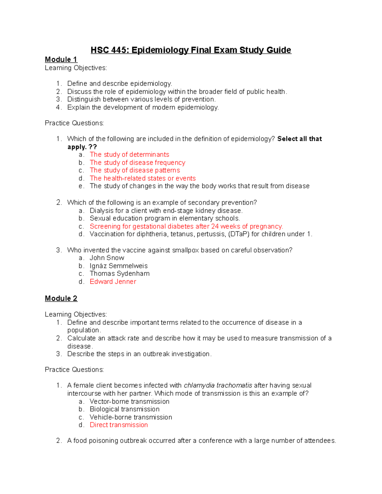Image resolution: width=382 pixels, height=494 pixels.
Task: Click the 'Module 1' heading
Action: (x=61, y=59)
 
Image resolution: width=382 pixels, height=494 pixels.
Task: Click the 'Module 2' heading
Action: (x=61, y=298)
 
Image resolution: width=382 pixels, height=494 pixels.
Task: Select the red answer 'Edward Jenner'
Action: (x=113, y=282)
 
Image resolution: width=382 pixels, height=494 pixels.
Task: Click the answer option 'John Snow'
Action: (x=107, y=258)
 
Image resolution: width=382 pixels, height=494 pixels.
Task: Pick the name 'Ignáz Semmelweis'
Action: (x=118, y=266)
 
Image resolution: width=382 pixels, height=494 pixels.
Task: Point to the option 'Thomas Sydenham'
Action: (x=119, y=274)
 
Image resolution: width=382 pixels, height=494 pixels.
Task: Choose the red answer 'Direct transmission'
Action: (x=119, y=425)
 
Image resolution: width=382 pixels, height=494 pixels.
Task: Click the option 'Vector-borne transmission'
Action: (x=129, y=401)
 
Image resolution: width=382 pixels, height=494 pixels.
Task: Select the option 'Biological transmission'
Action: (x=124, y=409)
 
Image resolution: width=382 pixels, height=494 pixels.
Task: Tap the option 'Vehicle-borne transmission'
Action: (x=131, y=417)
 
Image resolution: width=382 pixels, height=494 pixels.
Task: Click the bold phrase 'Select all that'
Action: (x=300, y=139)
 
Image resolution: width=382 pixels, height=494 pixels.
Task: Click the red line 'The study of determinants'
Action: (x=129, y=155)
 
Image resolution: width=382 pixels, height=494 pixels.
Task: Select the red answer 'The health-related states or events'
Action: (x=143, y=178)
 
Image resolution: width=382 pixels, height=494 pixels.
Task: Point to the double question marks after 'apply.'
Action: (x=93, y=147)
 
